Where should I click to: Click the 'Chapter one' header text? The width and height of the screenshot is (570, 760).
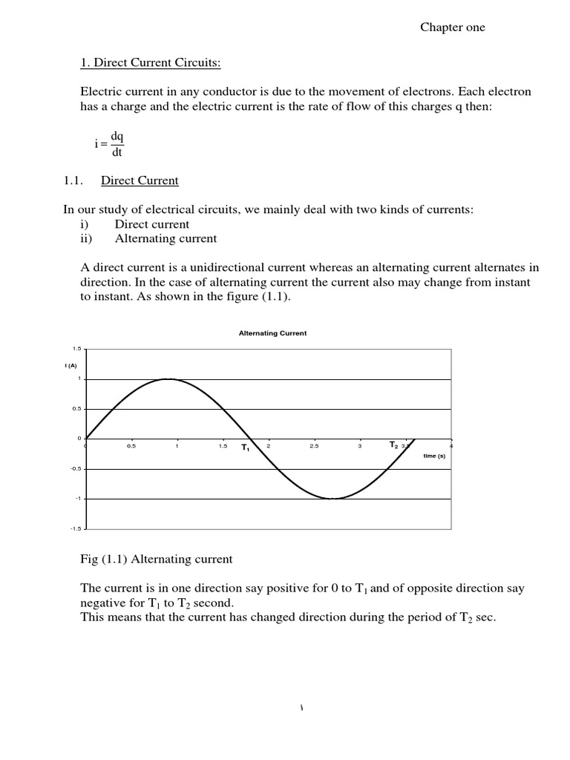click(452, 27)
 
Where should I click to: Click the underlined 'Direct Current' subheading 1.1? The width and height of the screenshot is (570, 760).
click(140, 180)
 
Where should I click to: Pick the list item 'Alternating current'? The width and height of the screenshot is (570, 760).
click(166, 238)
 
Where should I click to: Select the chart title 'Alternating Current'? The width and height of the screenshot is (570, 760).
click(272, 333)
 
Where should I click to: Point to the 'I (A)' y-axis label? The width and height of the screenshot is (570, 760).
click(71, 365)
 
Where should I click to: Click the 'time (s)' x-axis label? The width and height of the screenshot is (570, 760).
click(434, 456)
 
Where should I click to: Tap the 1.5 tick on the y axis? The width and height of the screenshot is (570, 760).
click(76, 348)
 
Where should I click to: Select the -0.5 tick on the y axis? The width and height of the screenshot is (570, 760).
click(75, 469)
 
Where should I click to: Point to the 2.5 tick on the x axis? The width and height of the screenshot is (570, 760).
click(314, 446)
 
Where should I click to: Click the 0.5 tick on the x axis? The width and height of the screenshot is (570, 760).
click(131, 446)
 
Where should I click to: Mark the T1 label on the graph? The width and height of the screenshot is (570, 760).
click(245, 448)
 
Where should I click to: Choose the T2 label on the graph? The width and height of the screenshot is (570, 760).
click(394, 445)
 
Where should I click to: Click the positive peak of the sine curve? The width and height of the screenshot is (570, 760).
click(169, 379)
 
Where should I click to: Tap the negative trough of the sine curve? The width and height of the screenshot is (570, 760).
click(334, 499)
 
